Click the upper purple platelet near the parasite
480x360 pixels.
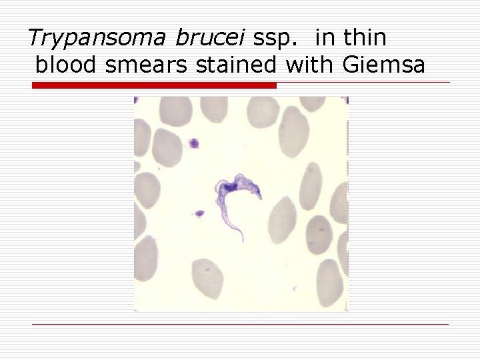click(x=194, y=143)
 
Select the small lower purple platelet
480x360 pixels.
click(x=199, y=214)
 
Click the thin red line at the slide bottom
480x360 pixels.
click(x=240, y=325)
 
